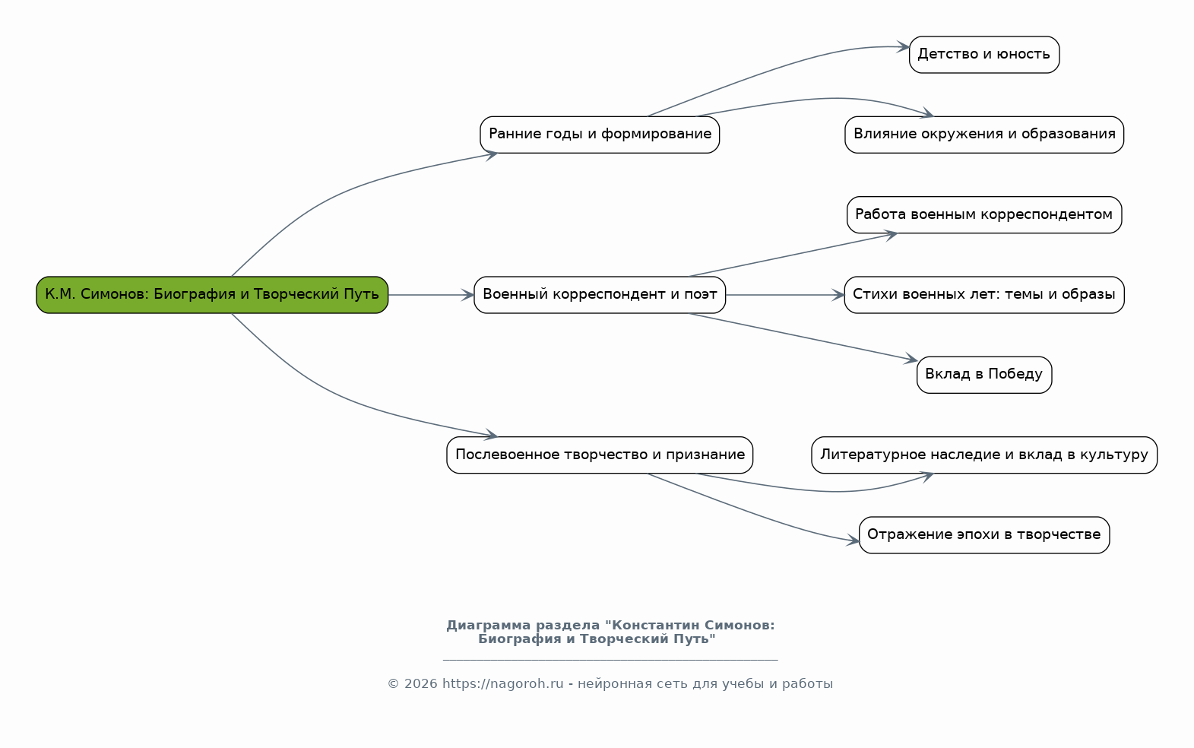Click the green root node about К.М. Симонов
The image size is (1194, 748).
(x=212, y=295)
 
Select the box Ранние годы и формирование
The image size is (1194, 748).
(x=600, y=135)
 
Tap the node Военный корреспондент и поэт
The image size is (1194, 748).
(x=600, y=295)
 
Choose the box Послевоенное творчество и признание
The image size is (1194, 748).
(x=600, y=455)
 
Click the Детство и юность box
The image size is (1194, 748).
(x=984, y=55)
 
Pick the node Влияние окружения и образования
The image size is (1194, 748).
(x=984, y=135)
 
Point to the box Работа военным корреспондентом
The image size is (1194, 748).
(x=984, y=215)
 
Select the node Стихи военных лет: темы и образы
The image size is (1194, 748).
(x=984, y=295)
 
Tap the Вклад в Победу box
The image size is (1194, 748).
(x=984, y=375)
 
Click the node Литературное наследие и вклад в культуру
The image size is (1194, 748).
(x=984, y=455)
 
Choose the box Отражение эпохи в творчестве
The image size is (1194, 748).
(x=984, y=534)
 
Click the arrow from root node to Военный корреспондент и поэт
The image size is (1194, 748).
(x=431, y=295)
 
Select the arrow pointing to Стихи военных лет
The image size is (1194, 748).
(x=784, y=295)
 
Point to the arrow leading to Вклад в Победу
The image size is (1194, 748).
(x=803, y=338)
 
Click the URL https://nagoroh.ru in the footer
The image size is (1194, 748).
(x=502, y=683)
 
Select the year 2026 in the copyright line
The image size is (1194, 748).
(x=420, y=683)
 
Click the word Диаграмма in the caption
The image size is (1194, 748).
(x=488, y=626)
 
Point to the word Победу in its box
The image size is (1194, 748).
(x=1015, y=374)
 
